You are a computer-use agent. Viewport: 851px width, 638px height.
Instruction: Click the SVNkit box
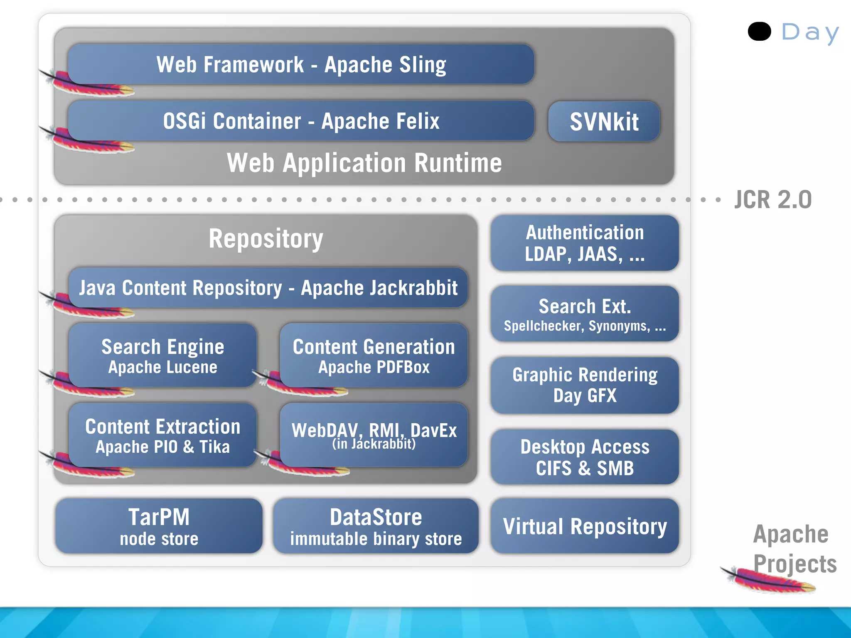point(604,122)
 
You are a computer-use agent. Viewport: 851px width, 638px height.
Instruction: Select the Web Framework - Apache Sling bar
point(301,64)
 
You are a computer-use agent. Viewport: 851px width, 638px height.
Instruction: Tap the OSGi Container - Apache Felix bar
point(301,121)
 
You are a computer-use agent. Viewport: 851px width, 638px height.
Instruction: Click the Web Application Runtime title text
point(364,163)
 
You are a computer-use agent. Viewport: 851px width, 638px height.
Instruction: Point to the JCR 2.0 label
point(772,200)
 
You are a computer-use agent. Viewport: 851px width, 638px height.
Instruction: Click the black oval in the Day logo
point(759,32)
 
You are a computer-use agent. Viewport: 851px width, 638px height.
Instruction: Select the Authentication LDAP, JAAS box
point(584,243)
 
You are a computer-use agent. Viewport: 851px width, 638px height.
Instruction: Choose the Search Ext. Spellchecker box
point(584,314)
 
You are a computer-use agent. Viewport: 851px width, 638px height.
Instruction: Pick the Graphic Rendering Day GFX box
point(584,385)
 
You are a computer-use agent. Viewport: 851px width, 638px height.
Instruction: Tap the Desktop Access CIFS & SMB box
point(584,457)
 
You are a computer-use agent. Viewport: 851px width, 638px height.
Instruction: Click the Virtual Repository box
point(584,526)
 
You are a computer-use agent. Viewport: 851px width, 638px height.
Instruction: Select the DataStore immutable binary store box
point(376,526)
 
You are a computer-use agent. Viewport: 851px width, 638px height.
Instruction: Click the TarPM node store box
point(159,526)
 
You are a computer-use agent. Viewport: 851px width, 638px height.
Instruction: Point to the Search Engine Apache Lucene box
point(162,356)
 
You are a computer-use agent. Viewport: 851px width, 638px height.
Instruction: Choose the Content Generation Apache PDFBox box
point(374,356)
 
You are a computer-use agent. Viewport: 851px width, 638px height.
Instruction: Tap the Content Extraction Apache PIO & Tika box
point(162,435)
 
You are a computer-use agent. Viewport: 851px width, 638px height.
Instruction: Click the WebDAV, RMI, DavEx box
point(374,435)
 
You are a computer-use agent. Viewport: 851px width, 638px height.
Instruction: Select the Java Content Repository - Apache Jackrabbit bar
point(268,288)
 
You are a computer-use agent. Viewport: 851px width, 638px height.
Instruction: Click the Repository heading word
point(266,239)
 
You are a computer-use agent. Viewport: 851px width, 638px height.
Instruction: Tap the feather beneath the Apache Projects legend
point(769,581)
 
